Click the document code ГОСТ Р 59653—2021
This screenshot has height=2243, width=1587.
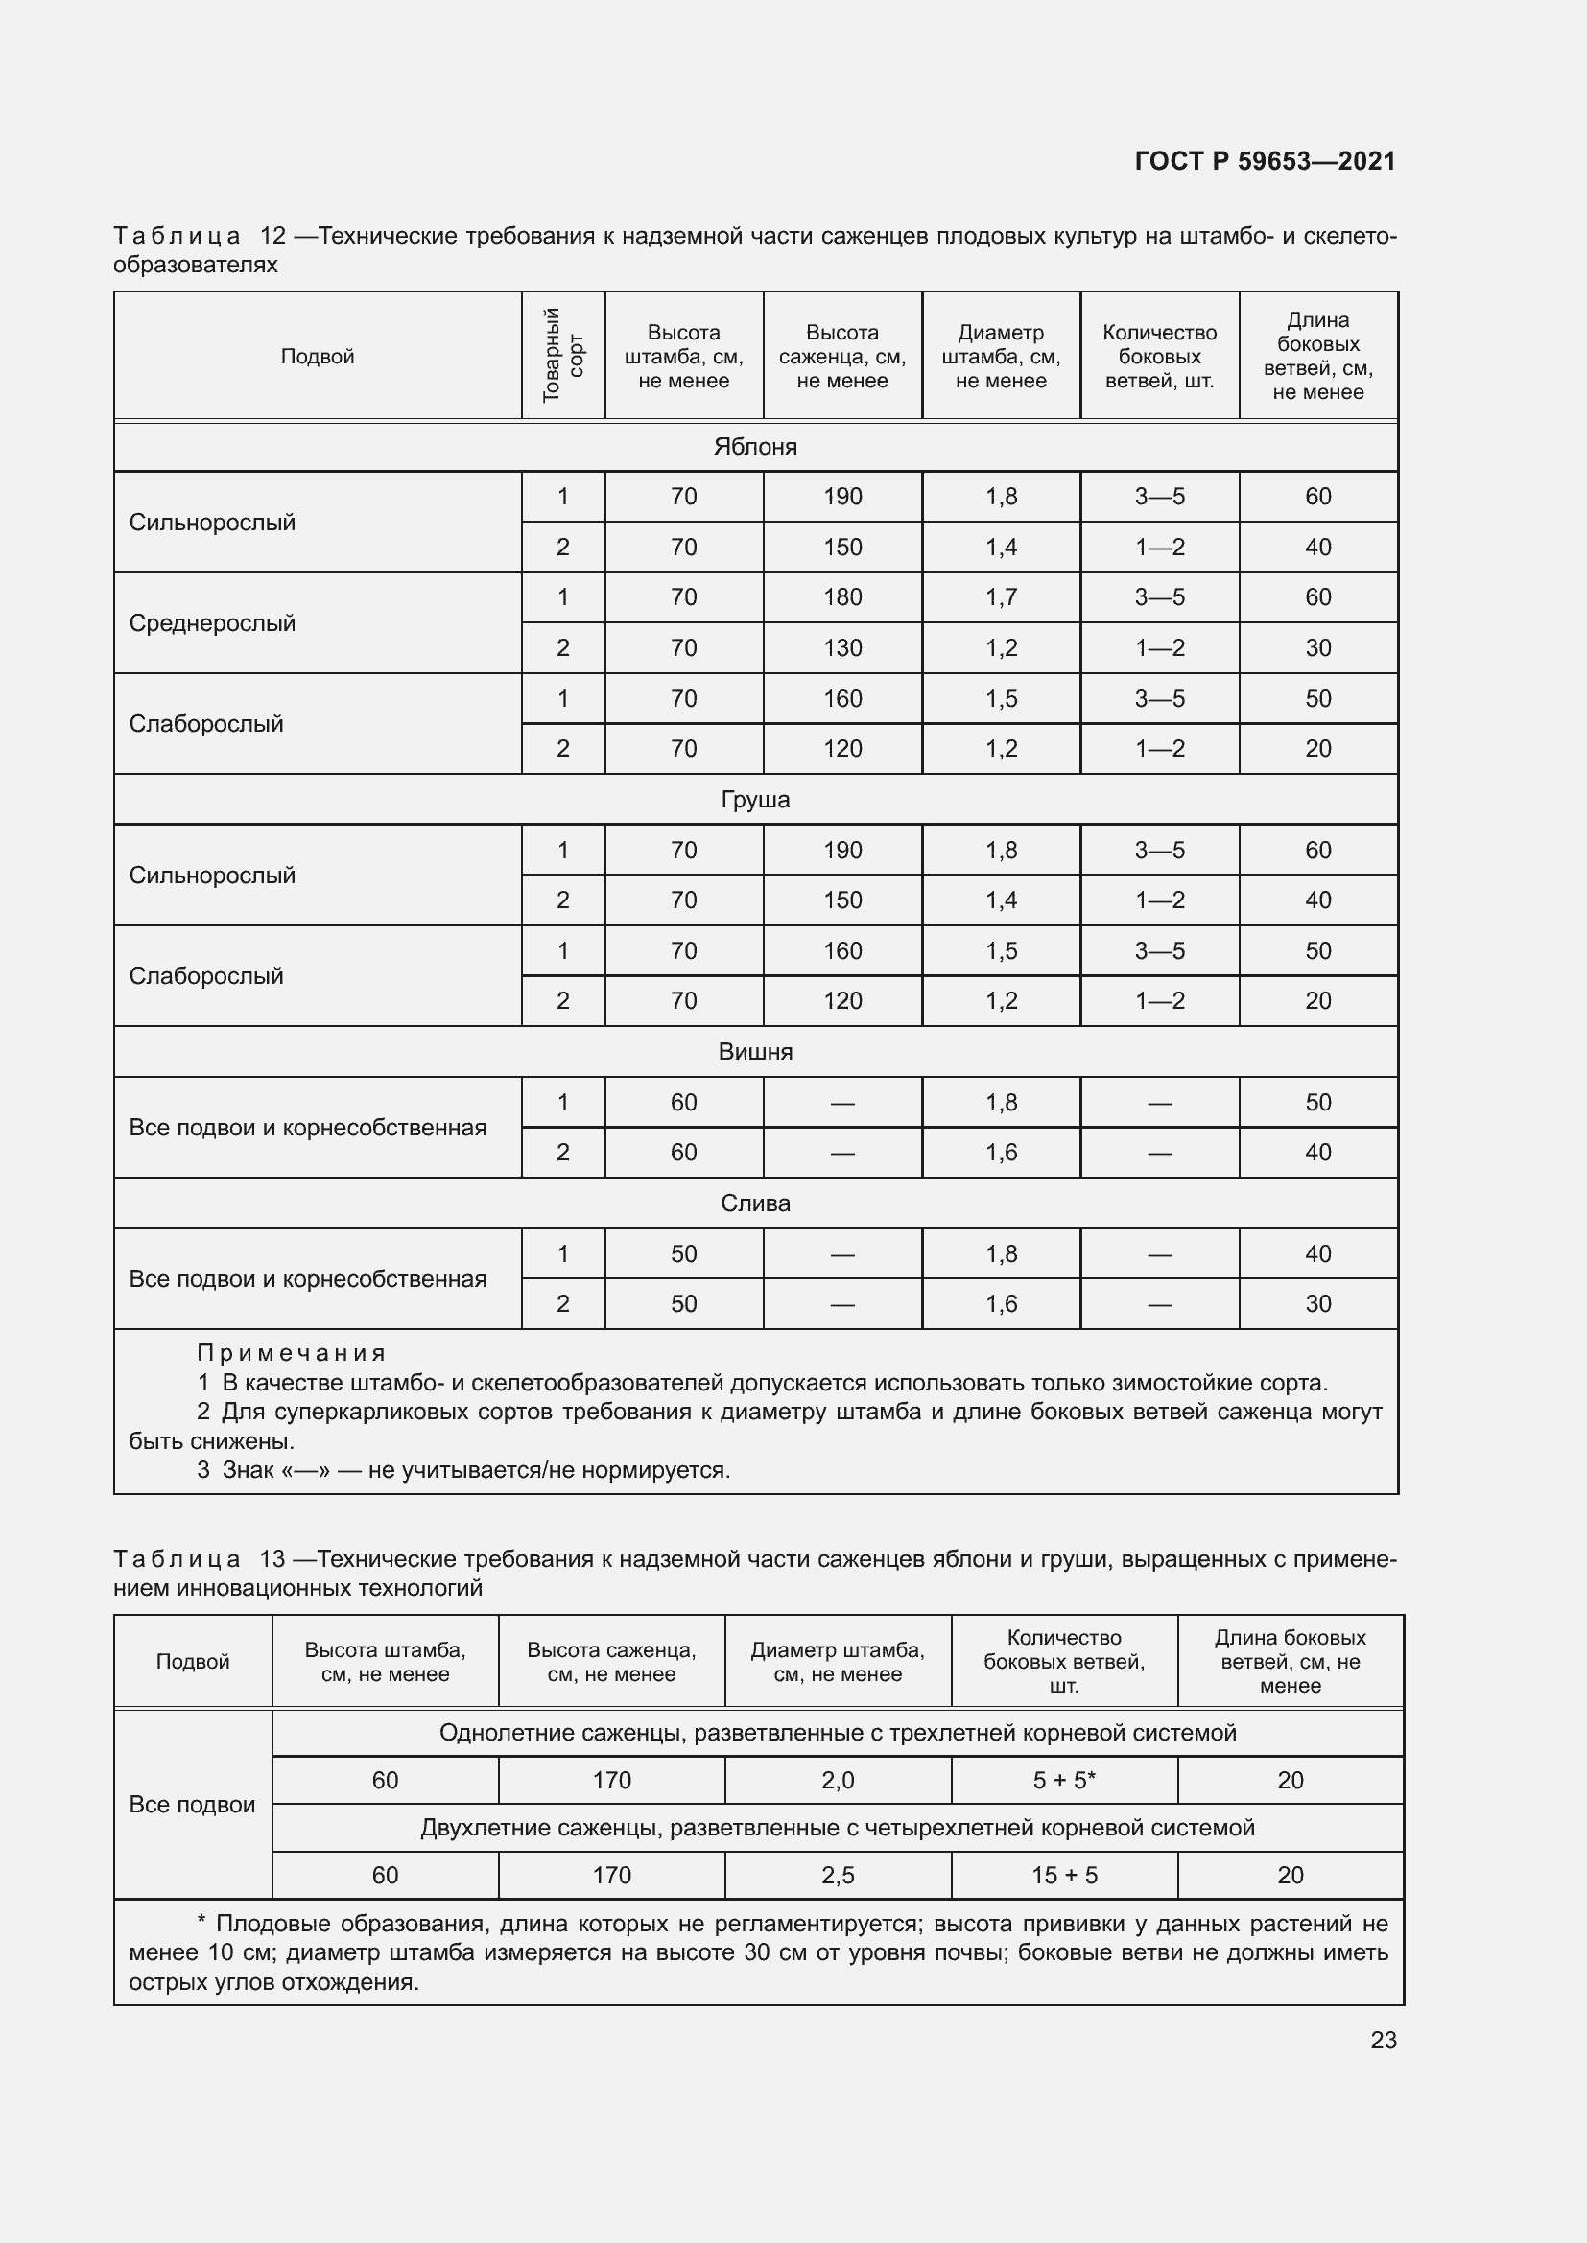coord(1265,161)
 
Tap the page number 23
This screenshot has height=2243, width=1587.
coord(1383,2040)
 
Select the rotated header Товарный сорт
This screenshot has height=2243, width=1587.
coord(563,356)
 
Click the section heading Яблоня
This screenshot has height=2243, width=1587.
coord(755,447)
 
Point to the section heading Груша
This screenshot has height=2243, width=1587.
coord(755,799)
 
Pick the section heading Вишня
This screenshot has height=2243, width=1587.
coord(755,1051)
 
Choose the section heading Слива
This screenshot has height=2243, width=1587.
coord(755,1203)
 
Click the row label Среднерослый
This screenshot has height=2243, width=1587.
coord(212,623)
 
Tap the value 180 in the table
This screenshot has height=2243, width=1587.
coord(842,596)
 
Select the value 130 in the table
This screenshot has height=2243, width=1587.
coord(842,647)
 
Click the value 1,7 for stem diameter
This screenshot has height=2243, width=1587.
coord(1001,596)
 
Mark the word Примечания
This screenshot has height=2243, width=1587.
coord(292,1353)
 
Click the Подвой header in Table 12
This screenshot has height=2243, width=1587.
coord(317,357)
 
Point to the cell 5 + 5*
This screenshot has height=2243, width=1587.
coord(1063,1780)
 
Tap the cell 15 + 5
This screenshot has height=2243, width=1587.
coord(1063,1875)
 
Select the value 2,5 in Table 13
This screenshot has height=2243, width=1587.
coord(838,1875)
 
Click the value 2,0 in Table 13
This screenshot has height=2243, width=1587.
coord(838,1780)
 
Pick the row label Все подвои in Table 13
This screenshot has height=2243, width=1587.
coord(192,1805)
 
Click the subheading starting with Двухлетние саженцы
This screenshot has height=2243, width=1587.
coord(838,1827)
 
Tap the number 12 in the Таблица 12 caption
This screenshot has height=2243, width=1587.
coord(272,236)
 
